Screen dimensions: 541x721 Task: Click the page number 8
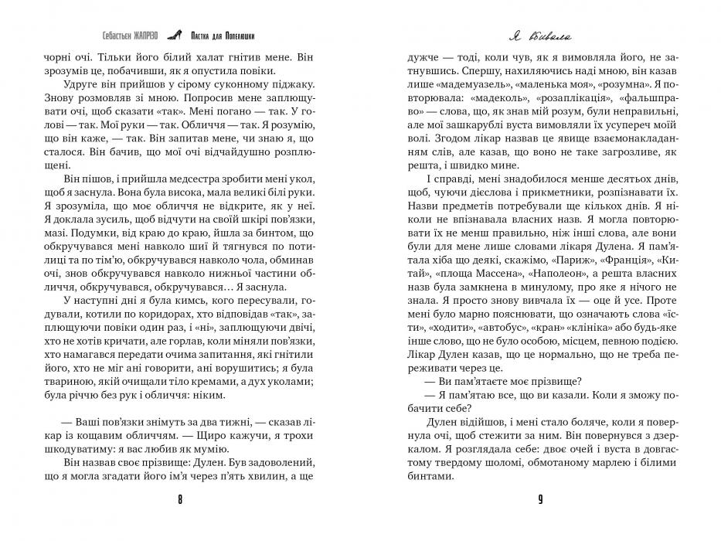pos(180,499)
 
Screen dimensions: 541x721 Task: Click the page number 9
pos(540,499)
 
